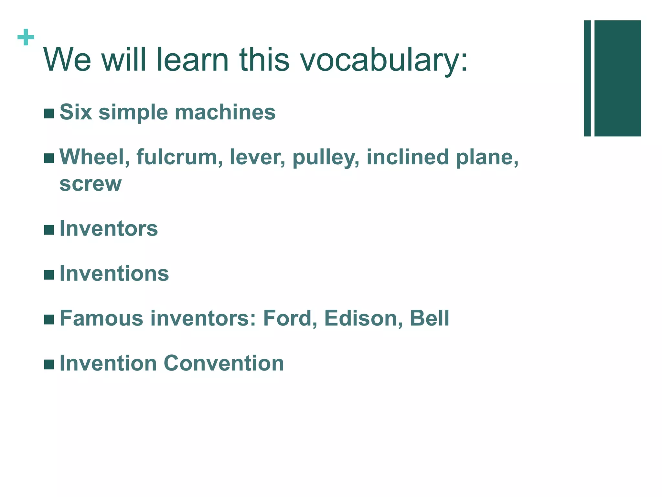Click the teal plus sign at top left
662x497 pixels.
click(x=26, y=38)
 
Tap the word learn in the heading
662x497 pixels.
click(x=192, y=60)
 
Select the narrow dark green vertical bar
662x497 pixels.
click(x=587, y=78)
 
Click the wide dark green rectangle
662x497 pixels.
click(x=617, y=78)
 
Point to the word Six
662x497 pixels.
click(x=76, y=112)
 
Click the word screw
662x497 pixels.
click(x=91, y=184)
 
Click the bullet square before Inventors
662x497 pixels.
click(x=49, y=230)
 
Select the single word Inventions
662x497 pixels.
click(x=114, y=274)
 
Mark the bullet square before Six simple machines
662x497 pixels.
click(x=49, y=114)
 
